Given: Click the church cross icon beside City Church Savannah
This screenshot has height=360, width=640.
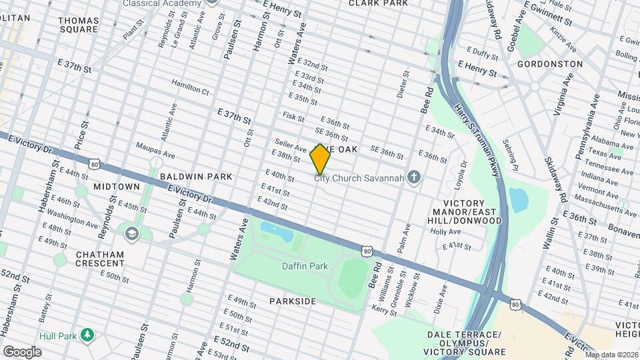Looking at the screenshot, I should click(x=414, y=177).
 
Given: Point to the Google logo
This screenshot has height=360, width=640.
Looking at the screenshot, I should click(x=22, y=351).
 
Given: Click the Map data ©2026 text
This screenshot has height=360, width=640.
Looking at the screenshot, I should click(x=611, y=355).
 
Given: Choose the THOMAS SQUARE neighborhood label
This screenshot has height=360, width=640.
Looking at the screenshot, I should click(x=79, y=25).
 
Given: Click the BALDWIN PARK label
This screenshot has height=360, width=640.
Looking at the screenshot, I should click(x=196, y=177).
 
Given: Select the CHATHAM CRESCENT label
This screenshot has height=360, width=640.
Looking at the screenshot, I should click(x=99, y=259).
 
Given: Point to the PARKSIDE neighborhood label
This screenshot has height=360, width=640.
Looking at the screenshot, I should click(x=293, y=301).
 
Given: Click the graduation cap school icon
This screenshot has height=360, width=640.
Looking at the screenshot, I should click(x=132, y=233).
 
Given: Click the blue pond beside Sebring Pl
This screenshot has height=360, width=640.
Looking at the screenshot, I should click(x=518, y=199).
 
